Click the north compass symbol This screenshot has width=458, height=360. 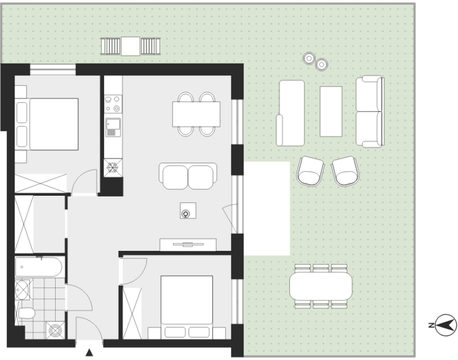pyautogui.click(x=445, y=325)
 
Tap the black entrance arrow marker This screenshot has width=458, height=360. pyautogui.click(x=89, y=353)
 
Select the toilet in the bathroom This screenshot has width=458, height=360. pyautogui.click(x=26, y=313)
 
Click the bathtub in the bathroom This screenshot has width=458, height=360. pyautogui.click(x=39, y=267)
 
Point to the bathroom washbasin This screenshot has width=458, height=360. pyautogui.click(x=22, y=290)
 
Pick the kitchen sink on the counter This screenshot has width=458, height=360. pyautogui.click(x=113, y=127)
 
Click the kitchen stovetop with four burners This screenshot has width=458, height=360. pyautogui.click(x=113, y=104)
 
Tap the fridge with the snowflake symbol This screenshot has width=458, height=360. pyautogui.click(x=113, y=168)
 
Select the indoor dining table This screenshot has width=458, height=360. pyautogui.click(x=196, y=114)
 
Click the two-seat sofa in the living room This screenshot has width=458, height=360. pyautogui.click(x=188, y=176)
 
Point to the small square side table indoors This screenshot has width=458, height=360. pyautogui.click(x=188, y=210)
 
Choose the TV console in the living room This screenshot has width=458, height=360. pyautogui.click(x=188, y=245)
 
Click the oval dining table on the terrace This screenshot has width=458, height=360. pyautogui.click(x=321, y=286)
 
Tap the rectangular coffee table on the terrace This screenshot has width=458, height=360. pyautogui.click(x=331, y=111)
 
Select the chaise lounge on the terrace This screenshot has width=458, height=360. pyautogui.click(x=290, y=113)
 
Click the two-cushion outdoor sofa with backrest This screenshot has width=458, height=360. pyautogui.click(x=370, y=111)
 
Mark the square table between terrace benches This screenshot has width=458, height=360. pyautogui.click(x=131, y=46)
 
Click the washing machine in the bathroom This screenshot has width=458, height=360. pyautogui.click(x=55, y=330)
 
